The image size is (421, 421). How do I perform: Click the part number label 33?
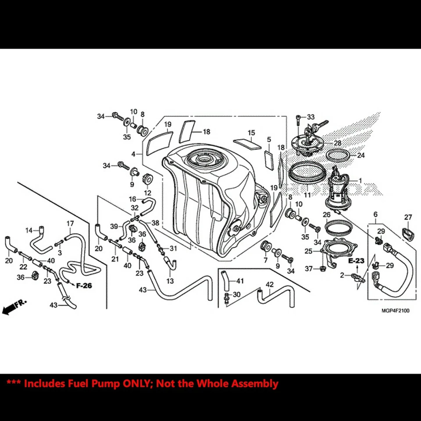pos(311,117)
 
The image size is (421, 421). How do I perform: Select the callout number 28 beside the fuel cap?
pos(337,143)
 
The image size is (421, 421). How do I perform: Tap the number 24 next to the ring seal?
pos(360,155)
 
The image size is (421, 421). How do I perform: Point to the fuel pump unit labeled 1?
pos(339,189)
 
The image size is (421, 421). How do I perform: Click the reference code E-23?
pos(356,260)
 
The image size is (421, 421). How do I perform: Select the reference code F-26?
pos(84,286)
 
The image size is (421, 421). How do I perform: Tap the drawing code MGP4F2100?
pos(395,311)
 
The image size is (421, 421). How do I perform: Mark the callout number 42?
pos(269,284)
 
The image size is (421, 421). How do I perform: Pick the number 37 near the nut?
pos(308,268)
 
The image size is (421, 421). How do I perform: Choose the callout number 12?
pos(147,193)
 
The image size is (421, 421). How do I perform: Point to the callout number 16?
pos(132,199)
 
